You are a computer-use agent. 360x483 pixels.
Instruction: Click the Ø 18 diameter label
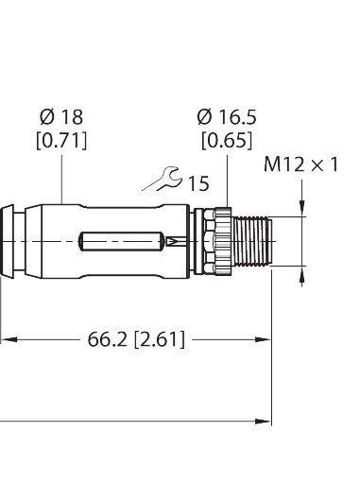tap(60, 119)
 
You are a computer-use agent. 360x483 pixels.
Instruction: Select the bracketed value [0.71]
tap(60, 141)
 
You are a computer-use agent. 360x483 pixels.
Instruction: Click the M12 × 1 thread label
tap(300, 165)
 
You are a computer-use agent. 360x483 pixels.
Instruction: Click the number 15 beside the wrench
tap(197, 183)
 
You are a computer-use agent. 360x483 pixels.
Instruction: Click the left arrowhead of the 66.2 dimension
tap(5, 338)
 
